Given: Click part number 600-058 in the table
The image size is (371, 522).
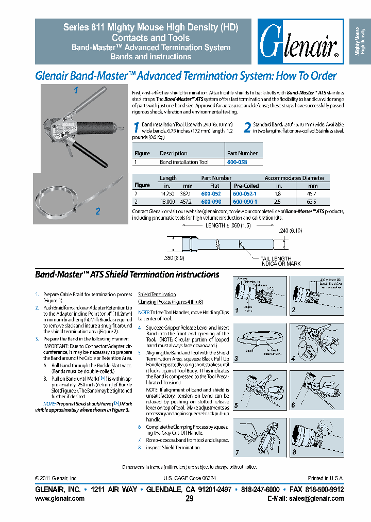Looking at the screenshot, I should pos(238,162).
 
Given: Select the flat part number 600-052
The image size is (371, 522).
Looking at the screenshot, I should pos(211,193).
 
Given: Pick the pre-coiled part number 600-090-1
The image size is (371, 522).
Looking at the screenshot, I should pos(245,202).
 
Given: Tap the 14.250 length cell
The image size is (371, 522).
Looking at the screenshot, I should pos(167,193).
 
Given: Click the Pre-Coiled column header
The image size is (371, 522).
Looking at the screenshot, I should pos(246,186).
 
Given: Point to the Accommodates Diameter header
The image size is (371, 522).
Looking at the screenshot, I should pos(294,178).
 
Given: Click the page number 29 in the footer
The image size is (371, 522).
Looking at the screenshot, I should pos(189,498).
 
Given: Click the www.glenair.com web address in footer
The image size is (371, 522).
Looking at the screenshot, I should pos(59,498).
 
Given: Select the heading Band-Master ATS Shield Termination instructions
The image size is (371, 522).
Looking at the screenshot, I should pos(127,275).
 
